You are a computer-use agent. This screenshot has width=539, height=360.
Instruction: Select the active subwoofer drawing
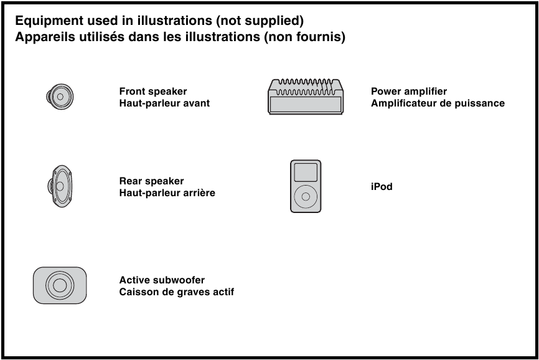59,285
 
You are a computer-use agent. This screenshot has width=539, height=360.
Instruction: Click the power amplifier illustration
306,97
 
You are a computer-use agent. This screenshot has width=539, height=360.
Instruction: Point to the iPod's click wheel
306,196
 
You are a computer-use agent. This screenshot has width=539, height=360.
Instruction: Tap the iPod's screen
306,171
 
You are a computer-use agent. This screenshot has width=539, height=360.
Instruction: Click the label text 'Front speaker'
152,92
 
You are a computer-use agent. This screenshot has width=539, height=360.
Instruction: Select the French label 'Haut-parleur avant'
164,103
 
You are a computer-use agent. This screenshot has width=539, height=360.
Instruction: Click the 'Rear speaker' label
151,181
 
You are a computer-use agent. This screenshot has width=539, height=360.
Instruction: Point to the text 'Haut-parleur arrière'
167,193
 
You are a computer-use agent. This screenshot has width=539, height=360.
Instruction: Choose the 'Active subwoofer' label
162,280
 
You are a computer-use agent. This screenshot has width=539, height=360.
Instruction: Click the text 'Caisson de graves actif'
176,292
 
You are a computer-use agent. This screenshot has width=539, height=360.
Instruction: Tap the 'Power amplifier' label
409,92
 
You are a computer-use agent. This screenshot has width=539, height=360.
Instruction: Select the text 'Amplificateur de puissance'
438,103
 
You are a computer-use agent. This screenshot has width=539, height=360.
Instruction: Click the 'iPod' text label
382,186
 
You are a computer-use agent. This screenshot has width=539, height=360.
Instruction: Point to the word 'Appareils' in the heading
45,37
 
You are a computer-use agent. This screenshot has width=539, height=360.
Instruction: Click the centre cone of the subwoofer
60,285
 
